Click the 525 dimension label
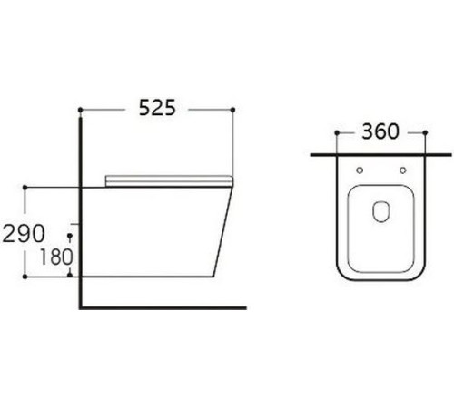[157, 108]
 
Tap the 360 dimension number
[380, 131]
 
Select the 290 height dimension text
[24, 234]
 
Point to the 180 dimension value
[56, 257]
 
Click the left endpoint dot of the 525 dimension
[80, 110]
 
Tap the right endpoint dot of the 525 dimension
[232, 110]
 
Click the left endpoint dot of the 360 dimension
[337, 132]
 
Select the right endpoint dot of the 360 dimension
[425, 132]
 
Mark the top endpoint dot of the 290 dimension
[25, 188]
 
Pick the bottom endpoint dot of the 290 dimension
[25, 277]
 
